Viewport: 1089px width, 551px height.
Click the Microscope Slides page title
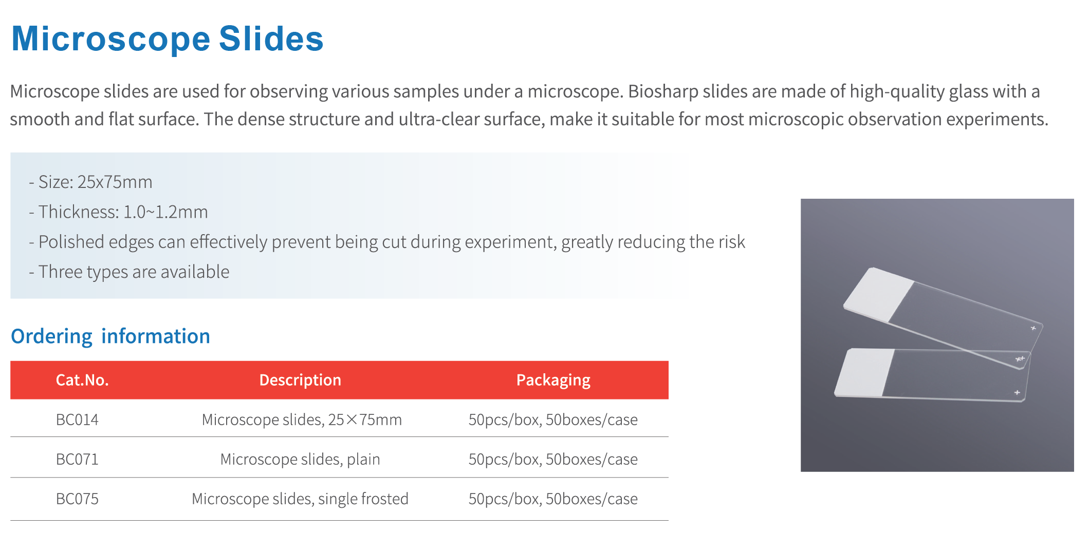tap(168, 39)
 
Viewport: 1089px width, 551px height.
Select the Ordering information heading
tap(110, 336)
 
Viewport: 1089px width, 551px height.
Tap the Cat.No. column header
tap(82, 380)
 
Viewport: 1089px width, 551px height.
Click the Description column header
tap(300, 380)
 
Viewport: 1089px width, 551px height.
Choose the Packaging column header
tap(553, 380)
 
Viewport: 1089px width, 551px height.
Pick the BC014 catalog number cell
tap(77, 420)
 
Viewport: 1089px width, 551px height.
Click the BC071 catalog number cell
tap(77, 459)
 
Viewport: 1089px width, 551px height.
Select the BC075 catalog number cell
tap(77, 499)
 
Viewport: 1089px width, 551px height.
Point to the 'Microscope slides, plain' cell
tap(300, 459)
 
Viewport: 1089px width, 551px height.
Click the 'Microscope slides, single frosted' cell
tap(300, 499)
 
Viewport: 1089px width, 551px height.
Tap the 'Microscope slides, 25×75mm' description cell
tap(302, 420)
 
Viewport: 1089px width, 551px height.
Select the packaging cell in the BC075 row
tap(553, 499)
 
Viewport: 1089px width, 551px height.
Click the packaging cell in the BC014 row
tap(553, 420)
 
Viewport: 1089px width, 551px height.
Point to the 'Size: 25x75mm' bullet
tap(90, 182)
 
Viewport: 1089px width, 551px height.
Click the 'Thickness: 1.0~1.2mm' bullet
tap(118, 212)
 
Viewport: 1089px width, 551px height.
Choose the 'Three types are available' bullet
tap(129, 272)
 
